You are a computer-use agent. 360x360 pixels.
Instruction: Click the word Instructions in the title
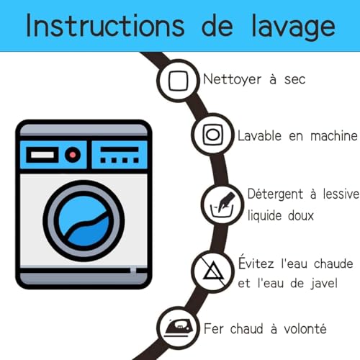[105, 25]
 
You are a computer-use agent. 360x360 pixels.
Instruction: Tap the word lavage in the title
[293, 27]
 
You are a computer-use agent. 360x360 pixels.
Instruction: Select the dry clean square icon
[178, 81]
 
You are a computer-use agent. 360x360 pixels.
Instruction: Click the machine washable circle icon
[212, 135]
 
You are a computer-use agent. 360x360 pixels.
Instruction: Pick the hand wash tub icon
[222, 204]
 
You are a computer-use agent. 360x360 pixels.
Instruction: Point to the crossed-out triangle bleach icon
[212, 271]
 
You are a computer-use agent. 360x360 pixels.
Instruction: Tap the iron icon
[179, 328]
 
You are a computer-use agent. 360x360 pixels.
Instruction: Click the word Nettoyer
[232, 79]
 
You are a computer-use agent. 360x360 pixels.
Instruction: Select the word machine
[334, 136]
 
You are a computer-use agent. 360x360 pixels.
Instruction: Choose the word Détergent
[275, 194]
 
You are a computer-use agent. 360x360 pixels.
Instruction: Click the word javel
[324, 283]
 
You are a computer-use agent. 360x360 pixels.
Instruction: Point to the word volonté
[305, 328]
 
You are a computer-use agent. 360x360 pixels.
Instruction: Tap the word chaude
[333, 264]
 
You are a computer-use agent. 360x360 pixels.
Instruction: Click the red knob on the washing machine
[73, 155]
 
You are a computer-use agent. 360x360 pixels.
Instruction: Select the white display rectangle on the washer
[42, 155]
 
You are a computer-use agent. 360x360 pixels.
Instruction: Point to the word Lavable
[259, 135]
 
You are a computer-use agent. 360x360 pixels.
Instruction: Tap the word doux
[301, 215]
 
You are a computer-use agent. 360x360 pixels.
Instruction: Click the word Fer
[214, 328]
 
